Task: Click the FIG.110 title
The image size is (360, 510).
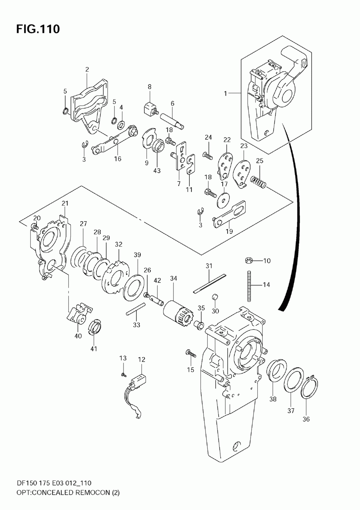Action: (x=38, y=29)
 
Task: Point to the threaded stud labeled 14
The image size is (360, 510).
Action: (x=249, y=286)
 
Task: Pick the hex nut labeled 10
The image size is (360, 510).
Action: (x=248, y=260)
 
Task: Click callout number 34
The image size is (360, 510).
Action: (x=174, y=278)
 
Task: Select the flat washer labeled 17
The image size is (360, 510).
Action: (x=224, y=201)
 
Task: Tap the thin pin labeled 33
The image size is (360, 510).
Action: (x=136, y=309)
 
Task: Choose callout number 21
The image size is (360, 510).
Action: (x=65, y=203)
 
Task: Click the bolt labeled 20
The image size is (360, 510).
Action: (x=35, y=226)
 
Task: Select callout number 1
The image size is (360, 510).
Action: (x=225, y=93)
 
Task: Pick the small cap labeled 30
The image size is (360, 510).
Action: (x=215, y=297)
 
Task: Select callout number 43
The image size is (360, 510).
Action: (x=157, y=170)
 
